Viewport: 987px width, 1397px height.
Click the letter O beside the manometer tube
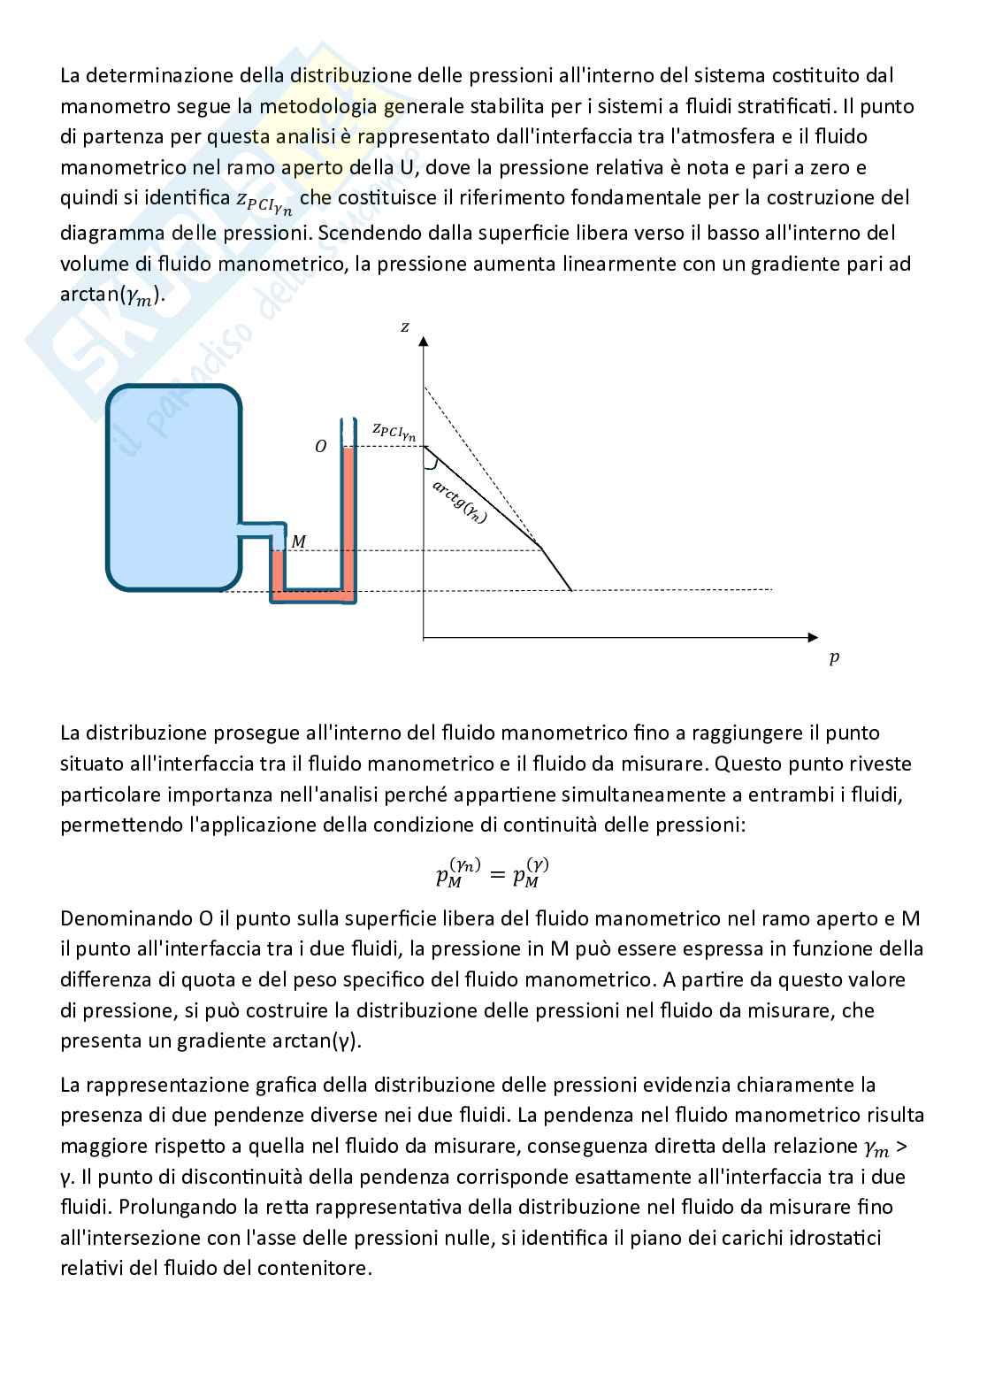[x=321, y=447]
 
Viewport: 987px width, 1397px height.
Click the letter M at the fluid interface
[x=299, y=541]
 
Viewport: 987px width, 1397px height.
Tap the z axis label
[x=405, y=326]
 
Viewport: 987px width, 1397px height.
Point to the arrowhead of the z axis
[x=425, y=341]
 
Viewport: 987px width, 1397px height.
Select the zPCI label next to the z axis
[x=394, y=431]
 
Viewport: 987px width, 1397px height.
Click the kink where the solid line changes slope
[x=541, y=549]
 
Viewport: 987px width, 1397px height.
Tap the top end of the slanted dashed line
[x=425, y=387]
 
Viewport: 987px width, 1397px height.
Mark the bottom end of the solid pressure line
[x=572, y=589]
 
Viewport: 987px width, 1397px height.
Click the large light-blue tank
[x=174, y=487]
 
